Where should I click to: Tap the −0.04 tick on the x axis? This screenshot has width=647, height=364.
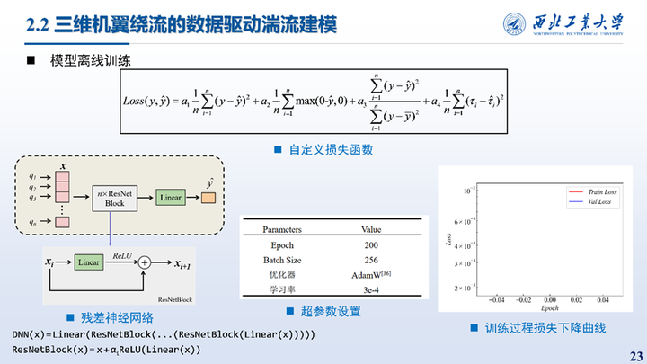(491, 299)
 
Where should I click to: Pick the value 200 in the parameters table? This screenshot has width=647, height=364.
(371, 245)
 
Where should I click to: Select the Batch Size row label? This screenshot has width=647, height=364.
(281, 260)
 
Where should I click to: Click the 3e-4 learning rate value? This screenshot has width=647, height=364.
(371, 289)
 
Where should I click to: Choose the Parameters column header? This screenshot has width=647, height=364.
(281, 230)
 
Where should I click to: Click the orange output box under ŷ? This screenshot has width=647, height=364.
(209, 197)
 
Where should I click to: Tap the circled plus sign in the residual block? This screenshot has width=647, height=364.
(143, 262)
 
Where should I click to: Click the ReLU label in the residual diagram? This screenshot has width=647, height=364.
(123, 254)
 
